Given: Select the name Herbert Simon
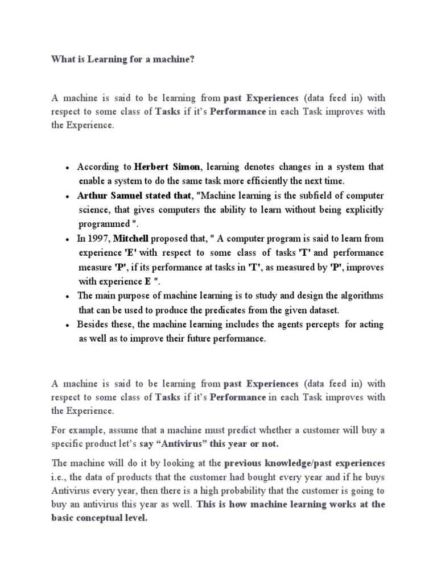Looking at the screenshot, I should tap(167, 167).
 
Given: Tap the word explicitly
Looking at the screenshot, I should tap(361, 210).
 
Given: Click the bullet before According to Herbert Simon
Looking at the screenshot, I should tap(67, 168).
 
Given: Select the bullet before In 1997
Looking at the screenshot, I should tap(67, 239).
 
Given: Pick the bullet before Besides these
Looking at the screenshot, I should tap(67, 325).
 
